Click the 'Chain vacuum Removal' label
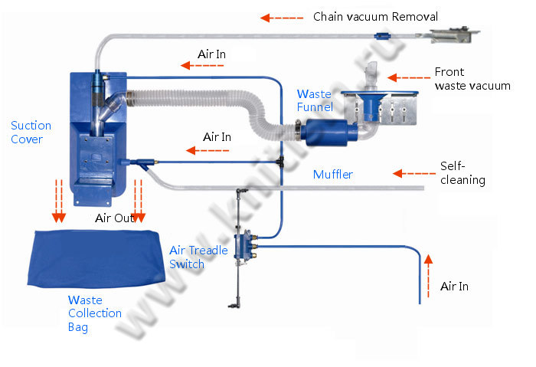pyautogui.click(x=375, y=17)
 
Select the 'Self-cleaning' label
pyautogui.click(x=462, y=173)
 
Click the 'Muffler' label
pyautogui.click(x=333, y=175)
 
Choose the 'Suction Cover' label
pyautogui.click(x=31, y=133)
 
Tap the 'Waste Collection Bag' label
pyautogui.click(x=94, y=313)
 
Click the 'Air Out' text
pyautogui.click(x=114, y=218)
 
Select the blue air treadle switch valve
pyautogui.click(x=247, y=247)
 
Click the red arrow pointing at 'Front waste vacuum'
pyautogui.click(x=407, y=77)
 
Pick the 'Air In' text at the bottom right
pyautogui.click(x=454, y=287)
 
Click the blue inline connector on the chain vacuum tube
pyautogui.click(x=381, y=35)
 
